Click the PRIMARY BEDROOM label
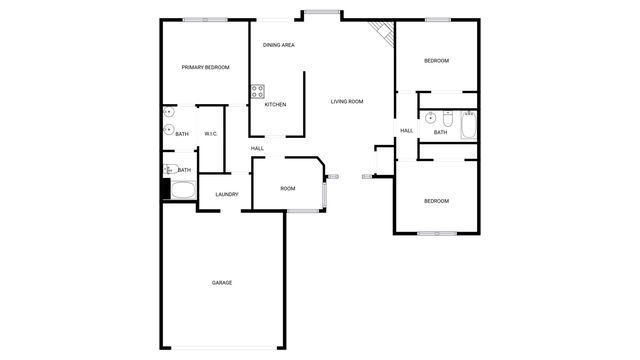[205, 67]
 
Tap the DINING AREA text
[278, 45]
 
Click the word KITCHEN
[275, 105]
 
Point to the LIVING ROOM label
[347, 101]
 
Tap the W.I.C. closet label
[211, 133]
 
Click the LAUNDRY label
[226, 194]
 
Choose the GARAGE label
[222, 283]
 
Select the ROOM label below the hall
[288, 189]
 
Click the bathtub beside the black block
[183, 189]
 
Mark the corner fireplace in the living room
[383, 34]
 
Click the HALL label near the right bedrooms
[407, 131]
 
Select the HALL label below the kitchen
[257, 149]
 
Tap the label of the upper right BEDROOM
[436, 61]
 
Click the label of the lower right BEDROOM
[436, 201]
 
